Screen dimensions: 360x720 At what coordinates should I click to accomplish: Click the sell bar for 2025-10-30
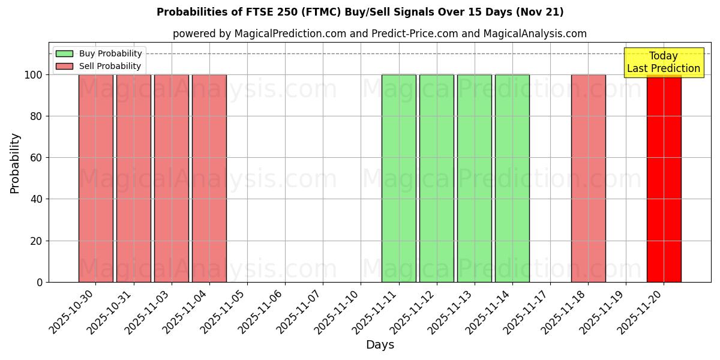(x=96, y=178)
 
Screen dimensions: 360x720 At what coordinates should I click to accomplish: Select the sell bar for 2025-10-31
(x=134, y=178)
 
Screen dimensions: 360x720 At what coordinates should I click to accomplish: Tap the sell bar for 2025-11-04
(x=209, y=178)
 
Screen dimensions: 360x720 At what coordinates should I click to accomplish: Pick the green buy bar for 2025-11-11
(x=399, y=178)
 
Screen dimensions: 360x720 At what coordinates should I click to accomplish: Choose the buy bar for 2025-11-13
(x=475, y=178)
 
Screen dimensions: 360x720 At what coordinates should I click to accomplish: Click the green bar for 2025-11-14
(x=512, y=178)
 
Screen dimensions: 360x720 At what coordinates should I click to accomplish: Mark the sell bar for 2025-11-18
(x=588, y=178)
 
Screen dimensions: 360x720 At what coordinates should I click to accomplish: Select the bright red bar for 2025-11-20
(x=664, y=178)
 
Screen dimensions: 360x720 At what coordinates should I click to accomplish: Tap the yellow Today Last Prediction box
(x=664, y=62)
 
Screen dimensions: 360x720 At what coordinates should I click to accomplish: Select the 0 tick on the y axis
(x=40, y=282)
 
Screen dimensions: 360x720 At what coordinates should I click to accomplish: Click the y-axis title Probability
(x=15, y=163)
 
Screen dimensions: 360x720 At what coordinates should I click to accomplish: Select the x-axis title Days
(x=380, y=345)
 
